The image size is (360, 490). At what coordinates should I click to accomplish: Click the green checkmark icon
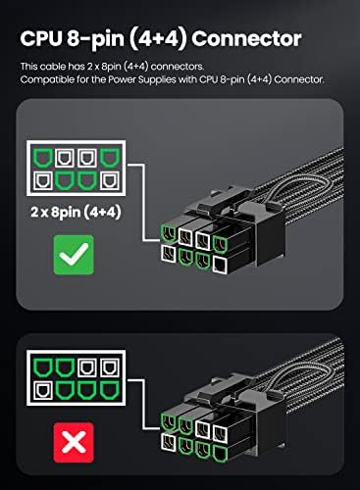[x=74, y=255]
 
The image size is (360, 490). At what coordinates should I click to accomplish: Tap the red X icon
[x=74, y=442]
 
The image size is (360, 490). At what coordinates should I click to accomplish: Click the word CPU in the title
[x=41, y=38]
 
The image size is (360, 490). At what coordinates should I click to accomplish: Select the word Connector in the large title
[x=246, y=38]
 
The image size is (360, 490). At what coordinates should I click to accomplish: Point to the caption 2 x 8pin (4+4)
[x=76, y=213]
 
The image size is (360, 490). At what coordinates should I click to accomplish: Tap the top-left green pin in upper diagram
[x=44, y=157]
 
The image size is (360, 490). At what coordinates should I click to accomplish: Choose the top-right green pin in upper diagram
[x=110, y=157]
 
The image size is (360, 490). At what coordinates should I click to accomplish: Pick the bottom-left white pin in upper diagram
[x=43, y=180]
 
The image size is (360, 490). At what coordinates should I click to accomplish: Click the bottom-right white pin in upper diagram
[x=110, y=180]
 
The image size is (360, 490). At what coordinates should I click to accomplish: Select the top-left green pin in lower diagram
[x=44, y=367]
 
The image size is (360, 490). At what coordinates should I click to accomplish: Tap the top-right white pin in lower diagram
[x=110, y=367]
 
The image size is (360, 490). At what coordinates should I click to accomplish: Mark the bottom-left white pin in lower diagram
[x=43, y=390]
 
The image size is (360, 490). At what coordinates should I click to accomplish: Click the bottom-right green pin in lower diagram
[x=110, y=390]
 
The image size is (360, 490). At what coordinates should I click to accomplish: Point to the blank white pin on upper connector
[x=220, y=265]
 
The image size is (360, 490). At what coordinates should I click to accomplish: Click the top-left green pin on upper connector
[x=169, y=233]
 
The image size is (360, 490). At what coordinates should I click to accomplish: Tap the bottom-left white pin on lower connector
[x=169, y=442]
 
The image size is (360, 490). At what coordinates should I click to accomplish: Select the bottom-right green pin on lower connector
[x=220, y=454]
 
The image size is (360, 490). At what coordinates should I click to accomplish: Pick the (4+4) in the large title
[x=158, y=39]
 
